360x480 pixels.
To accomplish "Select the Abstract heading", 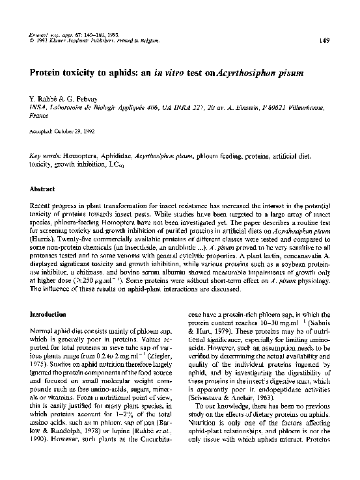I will click(43, 189).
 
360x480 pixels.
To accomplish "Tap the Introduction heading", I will click(50, 314).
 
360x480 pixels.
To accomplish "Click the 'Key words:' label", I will click(46, 157).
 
